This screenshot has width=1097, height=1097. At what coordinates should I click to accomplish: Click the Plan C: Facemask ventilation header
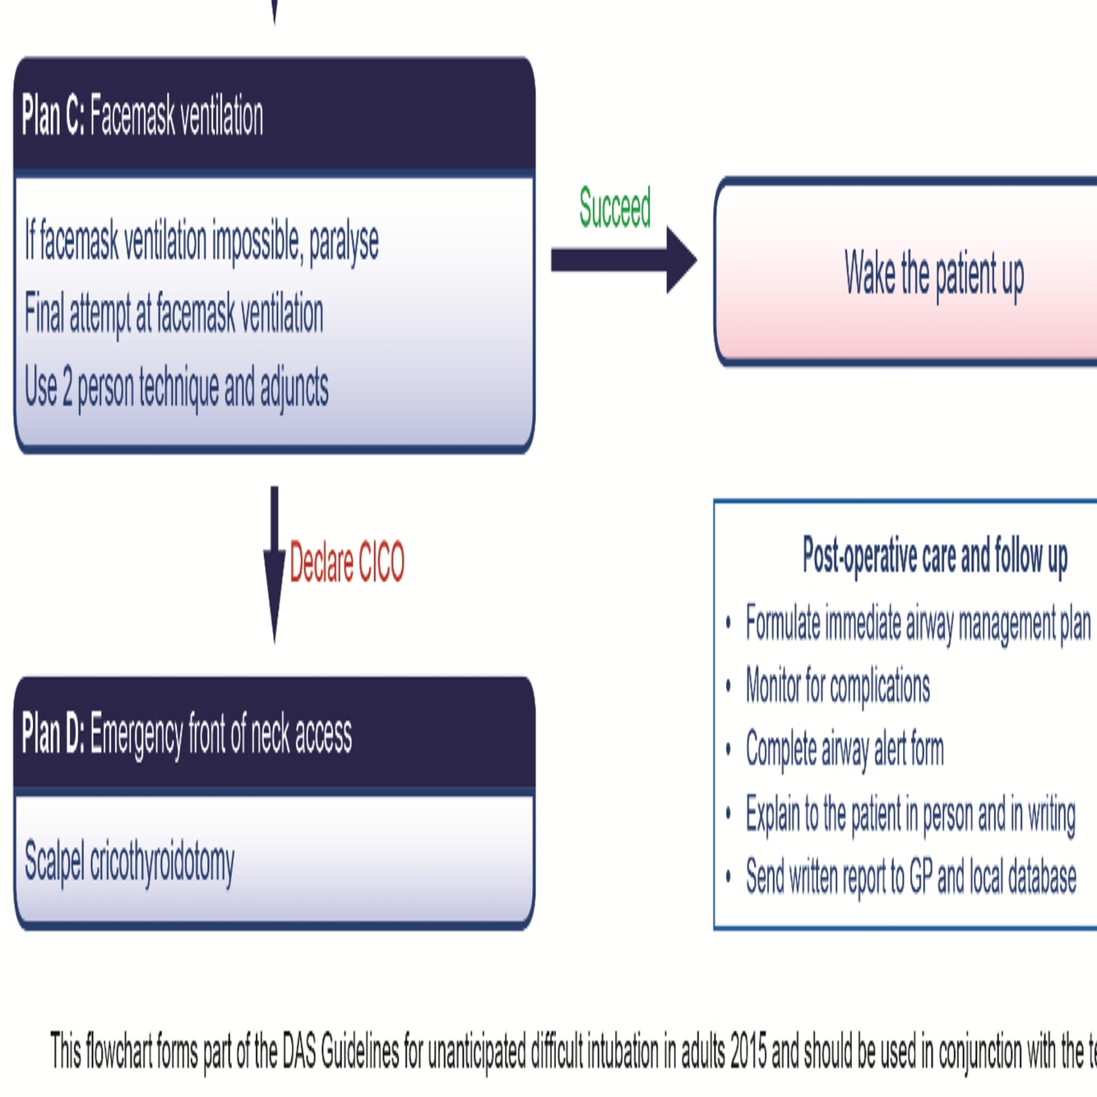(x=143, y=116)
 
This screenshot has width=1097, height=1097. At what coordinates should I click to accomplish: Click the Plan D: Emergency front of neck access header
(x=187, y=734)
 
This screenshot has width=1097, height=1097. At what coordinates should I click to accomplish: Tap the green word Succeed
(x=615, y=207)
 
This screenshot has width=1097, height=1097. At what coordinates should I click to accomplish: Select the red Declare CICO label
(x=347, y=563)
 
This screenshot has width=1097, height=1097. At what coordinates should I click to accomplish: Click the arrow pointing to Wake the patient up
(x=623, y=260)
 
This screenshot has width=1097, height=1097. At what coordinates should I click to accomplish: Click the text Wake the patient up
(x=934, y=274)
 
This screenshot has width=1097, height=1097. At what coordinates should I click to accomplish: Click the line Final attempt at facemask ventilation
(x=174, y=314)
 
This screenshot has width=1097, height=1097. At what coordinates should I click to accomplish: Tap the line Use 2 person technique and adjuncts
(x=177, y=388)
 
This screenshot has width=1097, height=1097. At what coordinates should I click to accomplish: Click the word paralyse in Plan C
(x=344, y=242)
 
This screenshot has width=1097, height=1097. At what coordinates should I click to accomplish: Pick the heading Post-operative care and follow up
(x=935, y=557)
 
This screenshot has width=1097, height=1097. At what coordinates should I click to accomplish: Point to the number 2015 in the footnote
(x=748, y=1051)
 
